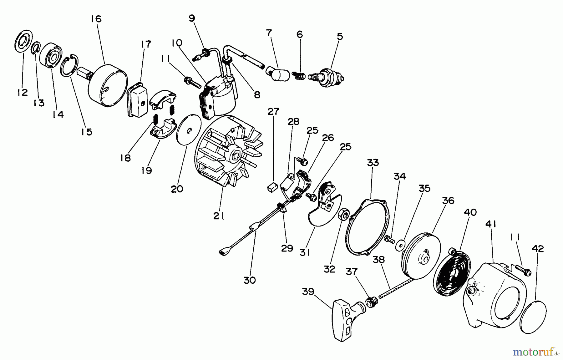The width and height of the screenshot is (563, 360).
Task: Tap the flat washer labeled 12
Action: [x=23, y=41]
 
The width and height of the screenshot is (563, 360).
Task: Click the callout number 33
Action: [x=373, y=163]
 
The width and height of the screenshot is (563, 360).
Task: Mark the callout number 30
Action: [x=250, y=280]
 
